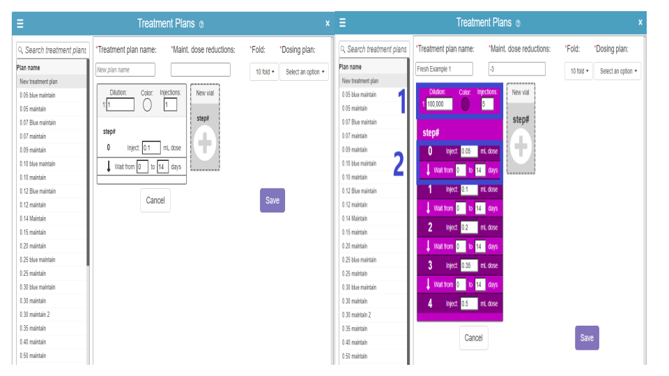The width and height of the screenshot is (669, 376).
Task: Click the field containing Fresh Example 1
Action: pyautogui.click(x=444, y=69)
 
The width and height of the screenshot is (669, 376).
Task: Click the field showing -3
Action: pyautogui.click(x=516, y=69)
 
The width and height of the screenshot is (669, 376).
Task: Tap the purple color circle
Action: pyautogui.click(x=466, y=104)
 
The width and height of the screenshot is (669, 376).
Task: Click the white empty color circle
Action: pyautogui.click(x=147, y=105)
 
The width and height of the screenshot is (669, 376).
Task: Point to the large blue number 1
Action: pyautogui.click(x=401, y=102)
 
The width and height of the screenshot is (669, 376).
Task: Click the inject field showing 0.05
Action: pyautogui.click(x=469, y=151)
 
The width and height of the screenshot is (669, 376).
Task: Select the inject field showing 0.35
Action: pyautogui.click(x=469, y=265)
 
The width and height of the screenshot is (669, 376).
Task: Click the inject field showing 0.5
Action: pyautogui.click(x=469, y=304)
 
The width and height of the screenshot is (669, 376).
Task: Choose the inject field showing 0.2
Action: pyautogui.click(x=469, y=228)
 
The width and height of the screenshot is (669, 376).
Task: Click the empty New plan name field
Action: pyautogui.click(x=125, y=70)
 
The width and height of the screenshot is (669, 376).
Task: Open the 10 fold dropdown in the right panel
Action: pyautogui.click(x=578, y=71)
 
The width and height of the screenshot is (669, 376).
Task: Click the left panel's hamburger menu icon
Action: pyautogui.click(x=20, y=24)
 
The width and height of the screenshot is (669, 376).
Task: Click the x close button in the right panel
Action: pyautogui.click(x=640, y=22)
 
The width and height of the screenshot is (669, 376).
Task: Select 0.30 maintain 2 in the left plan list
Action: pyautogui.click(x=35, y=315)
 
